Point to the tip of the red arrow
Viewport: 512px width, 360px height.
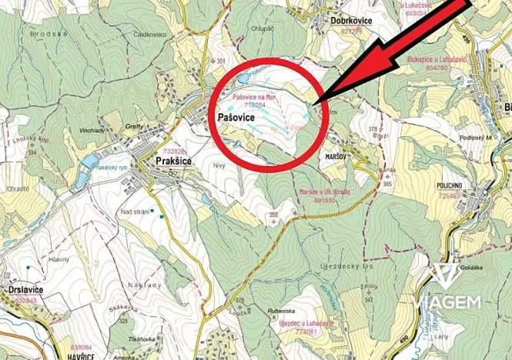pos(316,100)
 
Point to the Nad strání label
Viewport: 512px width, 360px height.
pos(135,211)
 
